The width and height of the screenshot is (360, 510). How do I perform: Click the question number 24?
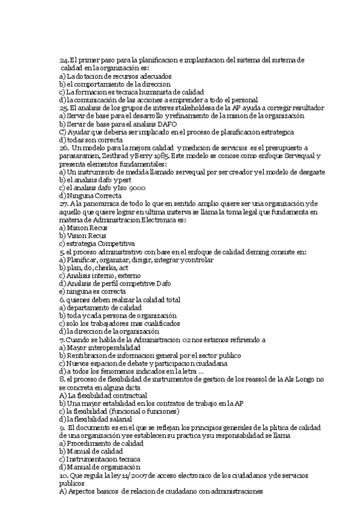[x=64, y=61]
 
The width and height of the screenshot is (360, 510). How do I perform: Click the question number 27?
[x=64, y=204]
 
